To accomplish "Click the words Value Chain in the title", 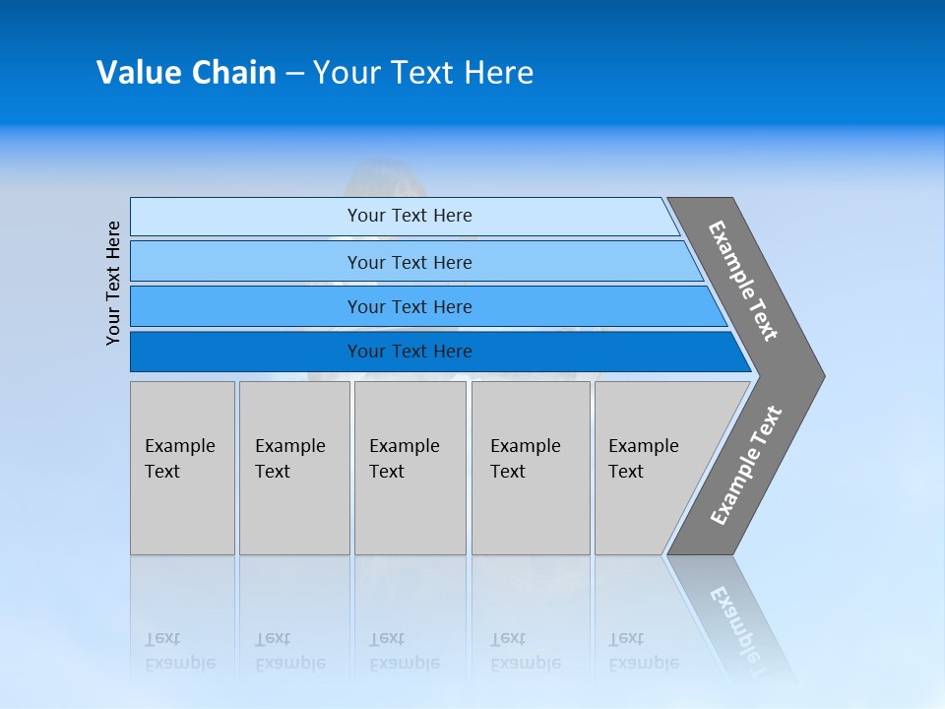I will click(186, 73).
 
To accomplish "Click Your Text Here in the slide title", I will click(423, 73).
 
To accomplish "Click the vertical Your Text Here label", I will click(114, 283).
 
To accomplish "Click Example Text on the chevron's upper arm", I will click(743, 281).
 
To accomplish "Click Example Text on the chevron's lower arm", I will click(746, 466).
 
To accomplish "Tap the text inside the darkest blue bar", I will click(409, 352).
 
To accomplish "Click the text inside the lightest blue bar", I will click(409, 216).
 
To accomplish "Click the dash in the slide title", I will click(294, 73).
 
